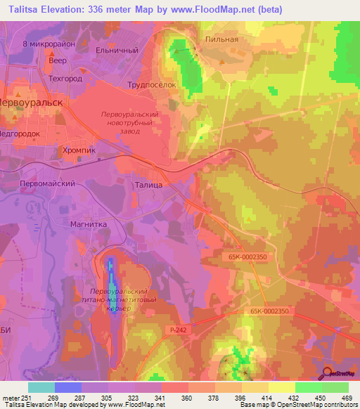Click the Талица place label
click(x=148, y=184)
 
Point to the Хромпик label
click(x=79, y=150)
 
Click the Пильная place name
click(x=221, y=39)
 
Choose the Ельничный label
click(x=116, y=51)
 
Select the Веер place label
click(x=58, y=61)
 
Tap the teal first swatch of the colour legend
click(x=41, y=387)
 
